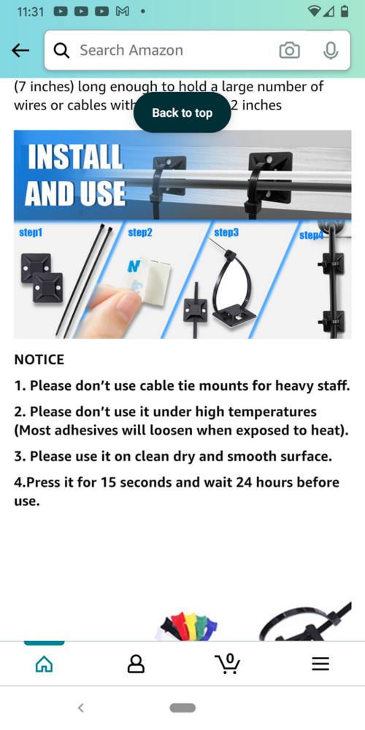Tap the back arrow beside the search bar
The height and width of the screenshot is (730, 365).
pos(20,50)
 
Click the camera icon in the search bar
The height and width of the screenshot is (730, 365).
pos(289,50)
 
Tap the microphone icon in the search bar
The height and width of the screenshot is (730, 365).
pos(331,50)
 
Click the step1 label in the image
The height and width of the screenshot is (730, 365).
pos(31,232)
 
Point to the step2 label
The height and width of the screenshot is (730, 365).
pos(140,232)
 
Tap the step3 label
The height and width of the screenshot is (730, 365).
pos(226,232)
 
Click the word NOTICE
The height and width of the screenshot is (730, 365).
pos(39,359)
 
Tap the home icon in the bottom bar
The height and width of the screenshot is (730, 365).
pos(44,664)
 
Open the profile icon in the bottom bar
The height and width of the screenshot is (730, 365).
pos(136,664)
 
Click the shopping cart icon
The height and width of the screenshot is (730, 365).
pos(228,664)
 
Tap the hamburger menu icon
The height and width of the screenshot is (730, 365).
pos(320,664)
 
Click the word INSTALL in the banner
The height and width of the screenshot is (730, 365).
pos(74,158)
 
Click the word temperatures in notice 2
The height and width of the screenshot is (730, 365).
pos(272,412)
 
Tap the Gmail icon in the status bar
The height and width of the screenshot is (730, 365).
pos(122,11)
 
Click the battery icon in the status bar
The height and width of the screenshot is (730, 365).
pos(345,11)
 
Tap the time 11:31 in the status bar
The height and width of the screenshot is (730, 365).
pos(31,12)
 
